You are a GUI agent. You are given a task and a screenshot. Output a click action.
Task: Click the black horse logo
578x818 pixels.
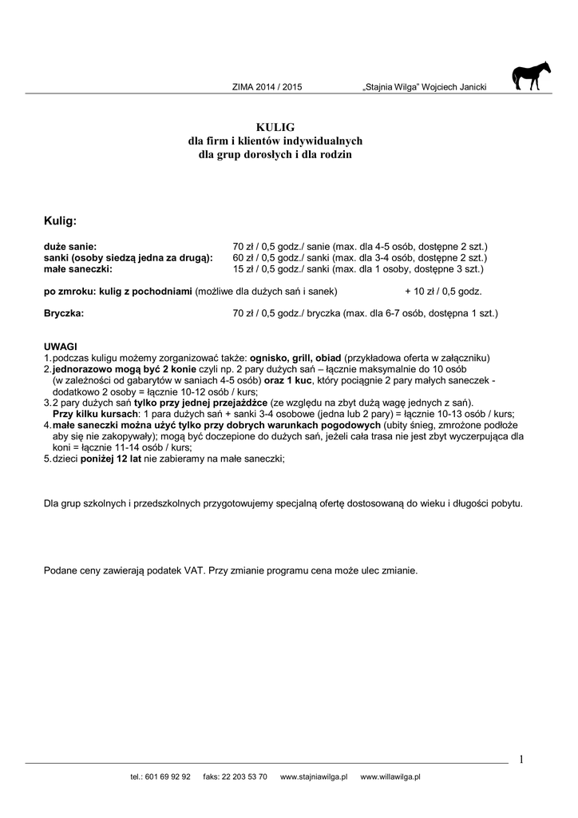click(531, 76)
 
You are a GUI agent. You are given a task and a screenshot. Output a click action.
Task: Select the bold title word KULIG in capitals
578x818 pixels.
click(275, 127)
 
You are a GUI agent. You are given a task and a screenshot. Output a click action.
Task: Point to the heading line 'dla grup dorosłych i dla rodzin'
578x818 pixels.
click(275, 154)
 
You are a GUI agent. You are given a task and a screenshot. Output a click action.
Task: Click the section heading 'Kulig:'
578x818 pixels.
click(60, 220)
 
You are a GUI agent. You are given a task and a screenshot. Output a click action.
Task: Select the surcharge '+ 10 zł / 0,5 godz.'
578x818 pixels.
click(443, 292)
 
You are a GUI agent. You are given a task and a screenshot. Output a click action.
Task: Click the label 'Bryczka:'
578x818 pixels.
click(63, 314)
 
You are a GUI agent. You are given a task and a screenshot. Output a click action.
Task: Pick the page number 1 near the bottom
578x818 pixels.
click(521, 760)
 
